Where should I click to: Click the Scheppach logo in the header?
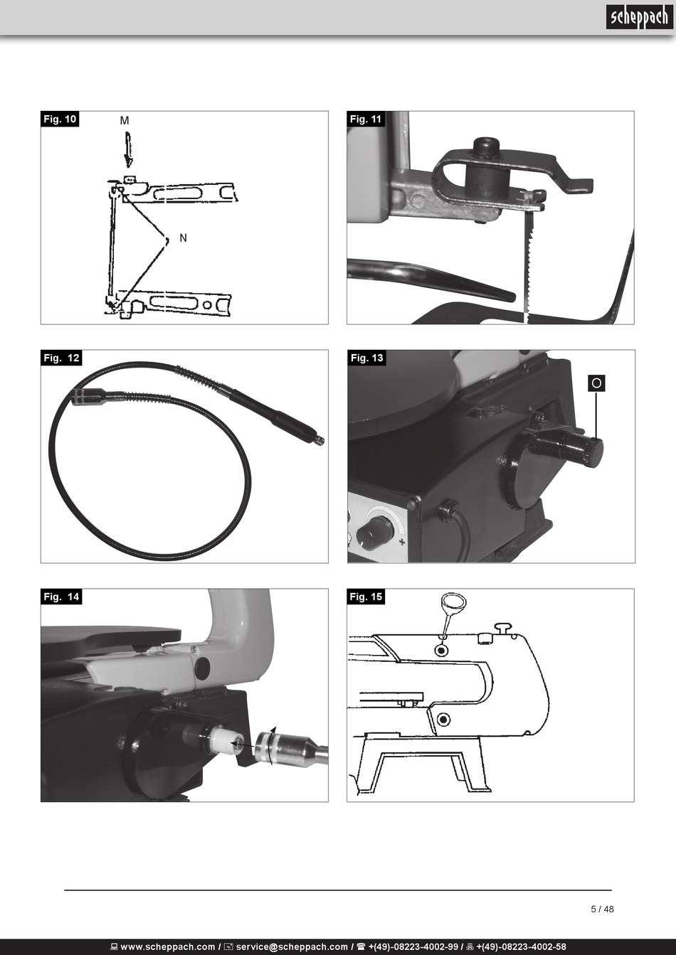click(x=638, y=17)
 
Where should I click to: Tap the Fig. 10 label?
click(x=60, y=119)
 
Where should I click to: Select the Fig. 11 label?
click(x=366, y=119)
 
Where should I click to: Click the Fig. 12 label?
click(x=61, y=358)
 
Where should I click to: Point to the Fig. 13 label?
click(x=366, y=358)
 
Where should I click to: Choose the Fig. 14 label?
click(x=61, y=597)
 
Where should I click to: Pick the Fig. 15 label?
click(x=366, y=597)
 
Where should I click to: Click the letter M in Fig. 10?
click(x=125, y=121)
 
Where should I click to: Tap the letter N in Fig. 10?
click(x=183, y=238)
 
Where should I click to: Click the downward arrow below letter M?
click(x=128, y=151)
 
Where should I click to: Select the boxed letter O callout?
click(x=596, y=383)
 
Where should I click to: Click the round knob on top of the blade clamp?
click(x=485, y=147)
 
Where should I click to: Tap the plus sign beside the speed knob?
click(x=402, y=543)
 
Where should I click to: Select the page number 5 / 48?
click(x=602, y=909)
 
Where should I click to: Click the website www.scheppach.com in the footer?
click(x=168, y=947)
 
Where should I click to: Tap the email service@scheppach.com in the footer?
click(x=292, y=947)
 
